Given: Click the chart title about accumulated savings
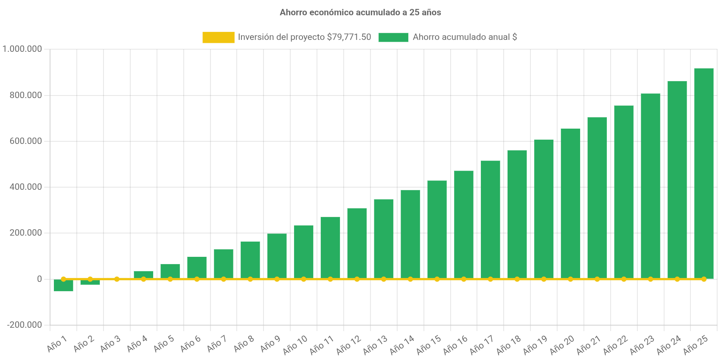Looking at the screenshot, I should (360, 13).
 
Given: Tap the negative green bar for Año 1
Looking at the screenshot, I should (63, 286).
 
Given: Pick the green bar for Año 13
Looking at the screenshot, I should (384, 239).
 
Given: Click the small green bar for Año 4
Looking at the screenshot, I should (143, 274).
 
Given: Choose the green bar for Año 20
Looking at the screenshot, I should (570, 203).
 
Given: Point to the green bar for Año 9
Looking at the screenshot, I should (277, 256).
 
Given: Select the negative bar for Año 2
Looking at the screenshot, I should (90, 282).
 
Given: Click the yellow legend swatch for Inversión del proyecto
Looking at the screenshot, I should (218, 37).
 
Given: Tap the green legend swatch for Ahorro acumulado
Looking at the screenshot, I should (393, 37).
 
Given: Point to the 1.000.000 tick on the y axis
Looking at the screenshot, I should (22, 49).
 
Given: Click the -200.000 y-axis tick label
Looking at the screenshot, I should (25, 325).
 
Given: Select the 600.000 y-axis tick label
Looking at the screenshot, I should (26, 141).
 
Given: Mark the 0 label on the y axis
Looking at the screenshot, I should (39, 279).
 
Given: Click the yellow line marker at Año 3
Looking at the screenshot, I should (117, 279).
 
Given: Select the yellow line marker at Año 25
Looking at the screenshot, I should (704, 279).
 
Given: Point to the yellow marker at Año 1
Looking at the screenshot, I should (63, 279).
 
